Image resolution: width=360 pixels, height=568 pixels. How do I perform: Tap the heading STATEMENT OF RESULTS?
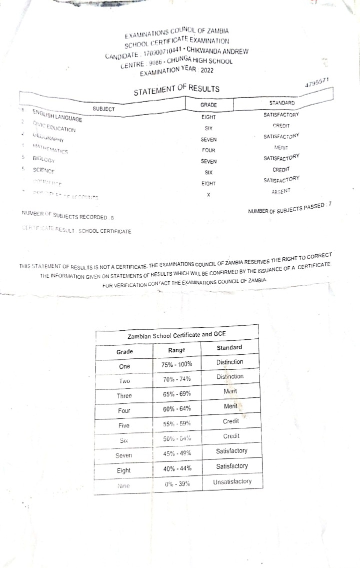[x=176, y=90]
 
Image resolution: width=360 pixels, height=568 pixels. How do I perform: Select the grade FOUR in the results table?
[x=208, y=150]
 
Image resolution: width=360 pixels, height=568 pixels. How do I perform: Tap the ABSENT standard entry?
[x=281, y=191]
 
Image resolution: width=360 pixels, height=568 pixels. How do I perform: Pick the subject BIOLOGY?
[x=43, y=159]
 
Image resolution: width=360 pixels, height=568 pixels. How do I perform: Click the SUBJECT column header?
[x=104, y=109]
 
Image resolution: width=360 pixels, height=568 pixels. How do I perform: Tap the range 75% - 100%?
[x=177, y=364]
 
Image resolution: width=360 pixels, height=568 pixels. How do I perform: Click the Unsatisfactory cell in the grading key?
[x=232, y=481]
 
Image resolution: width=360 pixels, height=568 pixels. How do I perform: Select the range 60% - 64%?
[x=177, y=409]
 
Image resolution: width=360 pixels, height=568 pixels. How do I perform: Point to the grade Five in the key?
[x=124, y=425]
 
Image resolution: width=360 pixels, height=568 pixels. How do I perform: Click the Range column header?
[x=177, y=350]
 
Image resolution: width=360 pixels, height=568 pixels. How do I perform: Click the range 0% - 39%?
[x=177, y=484]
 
